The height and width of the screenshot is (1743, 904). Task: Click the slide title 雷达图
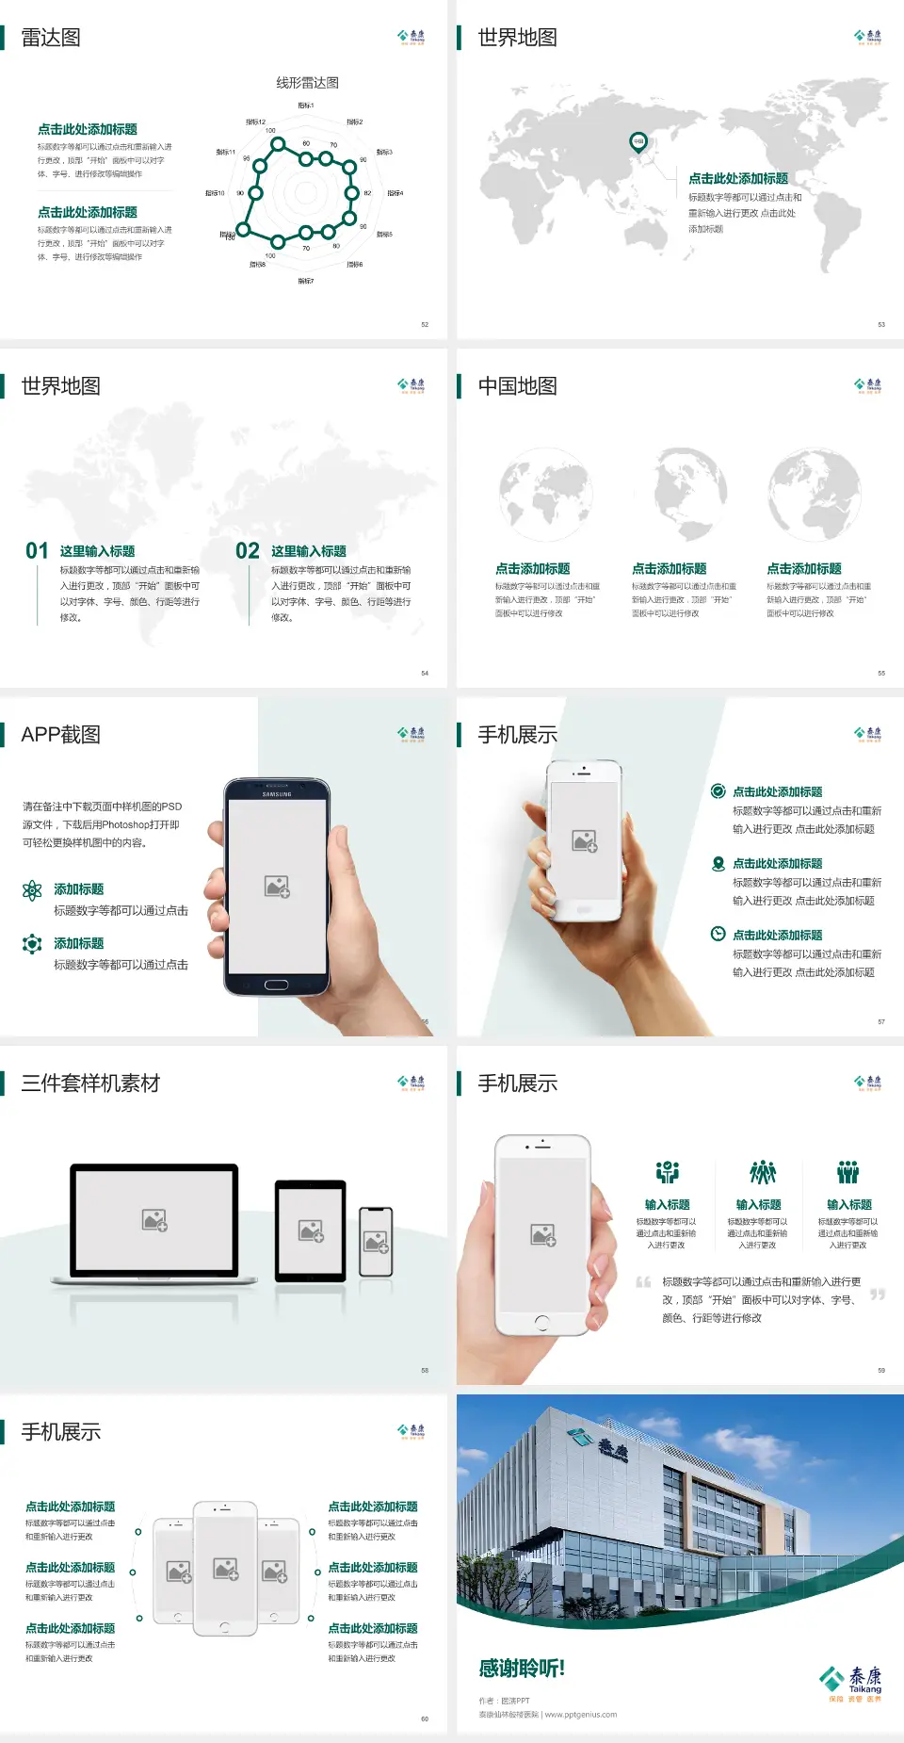pos(51,38)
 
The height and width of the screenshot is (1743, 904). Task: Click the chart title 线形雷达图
pos(307,83)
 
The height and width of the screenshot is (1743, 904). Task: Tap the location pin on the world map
pos(638,142)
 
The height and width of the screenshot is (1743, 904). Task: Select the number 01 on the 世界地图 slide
pos(37,551)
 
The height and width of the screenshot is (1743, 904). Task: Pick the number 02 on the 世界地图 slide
pos(248,551)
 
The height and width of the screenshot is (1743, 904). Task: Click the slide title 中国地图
pos(517,386)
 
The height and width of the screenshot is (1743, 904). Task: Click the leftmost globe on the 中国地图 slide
pos(545,495)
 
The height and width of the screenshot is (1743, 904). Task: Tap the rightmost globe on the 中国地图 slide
pos(815,495)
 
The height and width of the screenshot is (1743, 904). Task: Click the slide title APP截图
pos(60,735)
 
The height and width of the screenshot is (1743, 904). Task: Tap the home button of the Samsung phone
pos(276,985)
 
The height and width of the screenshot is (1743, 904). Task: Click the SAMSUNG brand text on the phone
pos(277,794)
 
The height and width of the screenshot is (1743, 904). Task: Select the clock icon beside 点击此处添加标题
pos(718,934)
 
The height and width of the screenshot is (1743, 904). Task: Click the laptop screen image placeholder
pos(154,1220)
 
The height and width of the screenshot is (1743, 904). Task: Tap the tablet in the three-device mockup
pos(311,1230)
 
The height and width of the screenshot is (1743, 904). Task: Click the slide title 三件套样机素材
pos(90,1083)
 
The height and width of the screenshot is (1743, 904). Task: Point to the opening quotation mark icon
pos(643,1281)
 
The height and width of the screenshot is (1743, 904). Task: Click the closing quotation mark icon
pos(878,1295)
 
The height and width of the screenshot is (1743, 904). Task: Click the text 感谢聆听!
pos(522,1669)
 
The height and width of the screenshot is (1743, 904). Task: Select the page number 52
pos(425,324)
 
